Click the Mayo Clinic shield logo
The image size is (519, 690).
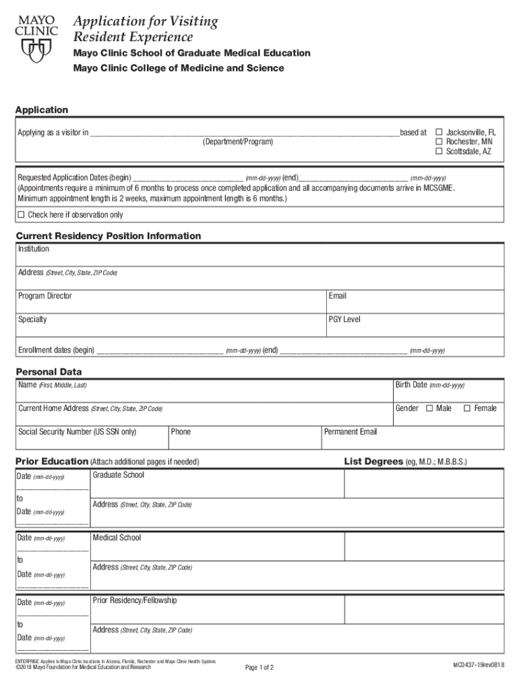tap(36, 49)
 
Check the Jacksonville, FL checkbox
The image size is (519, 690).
tap(439, 133)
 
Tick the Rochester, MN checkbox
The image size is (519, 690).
tap(439, 142)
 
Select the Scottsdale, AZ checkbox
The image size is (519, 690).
tap(439, 152)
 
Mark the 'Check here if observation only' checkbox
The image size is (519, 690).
tap(21, 215)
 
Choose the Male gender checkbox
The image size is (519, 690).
tap(429, 408)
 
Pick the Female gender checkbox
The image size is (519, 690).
tap(466, 408)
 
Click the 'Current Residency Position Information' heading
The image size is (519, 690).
tap(108, 236)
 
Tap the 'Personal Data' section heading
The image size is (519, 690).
tap(49, 372)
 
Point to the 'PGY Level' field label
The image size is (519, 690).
tap(344, 319)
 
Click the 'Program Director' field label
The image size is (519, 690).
tap(45, 296)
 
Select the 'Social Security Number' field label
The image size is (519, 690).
tap(78, 432)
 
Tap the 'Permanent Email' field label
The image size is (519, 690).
tap(351, 432)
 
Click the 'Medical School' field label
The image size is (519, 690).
tap(117, 538)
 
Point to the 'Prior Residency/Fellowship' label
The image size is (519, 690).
tap(135, 600)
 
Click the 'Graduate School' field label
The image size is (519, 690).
tap(119, 475)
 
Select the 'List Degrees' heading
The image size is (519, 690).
tap(373, 462)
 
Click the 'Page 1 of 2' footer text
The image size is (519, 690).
tap(259, 668)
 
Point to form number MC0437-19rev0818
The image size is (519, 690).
tap(479, 666)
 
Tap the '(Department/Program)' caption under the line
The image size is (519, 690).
tap(238, 142)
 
